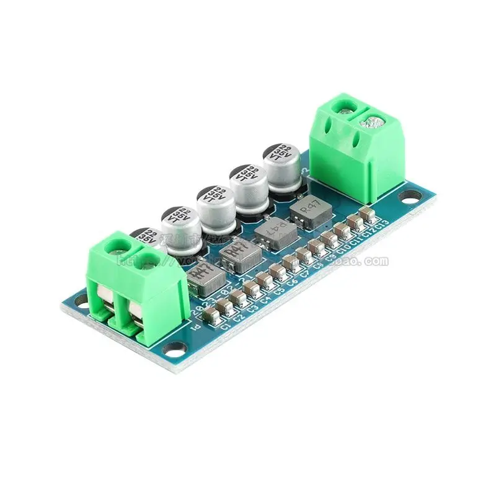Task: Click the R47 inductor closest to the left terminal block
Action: point(201,277)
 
